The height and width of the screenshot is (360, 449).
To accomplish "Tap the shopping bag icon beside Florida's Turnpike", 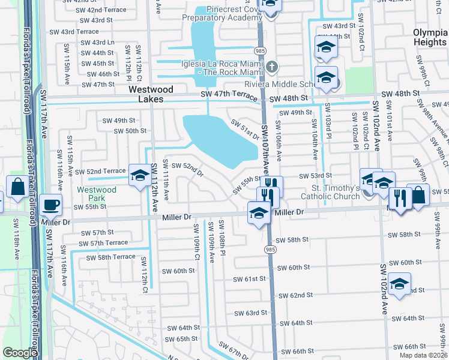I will coord(17,187).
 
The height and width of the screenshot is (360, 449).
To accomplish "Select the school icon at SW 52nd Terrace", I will coord(140,175).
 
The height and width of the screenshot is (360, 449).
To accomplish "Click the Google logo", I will coord(20,352).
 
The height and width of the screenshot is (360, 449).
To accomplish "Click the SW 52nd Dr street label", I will coord(187,170).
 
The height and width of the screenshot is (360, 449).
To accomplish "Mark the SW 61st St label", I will coord(250,279).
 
